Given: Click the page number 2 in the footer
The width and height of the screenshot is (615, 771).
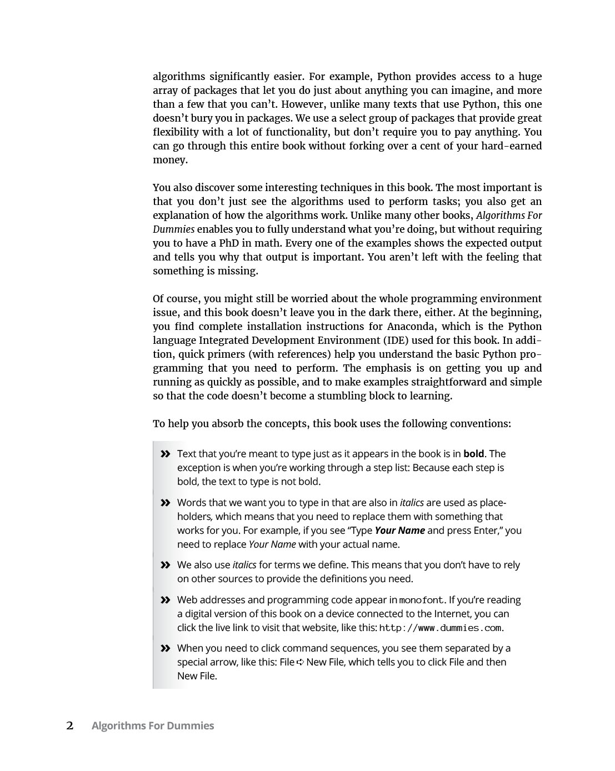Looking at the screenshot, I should click(70, 725).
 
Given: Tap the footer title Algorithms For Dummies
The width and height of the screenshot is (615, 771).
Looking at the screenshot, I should click(152, 725).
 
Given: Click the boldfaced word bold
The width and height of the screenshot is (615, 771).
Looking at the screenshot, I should click(473, 454).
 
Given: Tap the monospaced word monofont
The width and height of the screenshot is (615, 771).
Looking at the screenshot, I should click(422, 600).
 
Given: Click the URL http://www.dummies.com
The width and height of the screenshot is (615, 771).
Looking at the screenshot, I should click(440, 628).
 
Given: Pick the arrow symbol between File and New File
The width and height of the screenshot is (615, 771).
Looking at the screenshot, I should click(301, 662).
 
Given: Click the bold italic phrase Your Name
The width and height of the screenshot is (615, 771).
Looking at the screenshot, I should click(399, 530).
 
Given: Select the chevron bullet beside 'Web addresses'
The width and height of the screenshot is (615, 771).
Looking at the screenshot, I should click(165, 600).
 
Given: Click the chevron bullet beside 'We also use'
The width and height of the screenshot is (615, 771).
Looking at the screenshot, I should click(165, 565).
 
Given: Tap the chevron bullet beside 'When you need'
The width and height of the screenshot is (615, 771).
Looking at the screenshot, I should click(165, 648).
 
